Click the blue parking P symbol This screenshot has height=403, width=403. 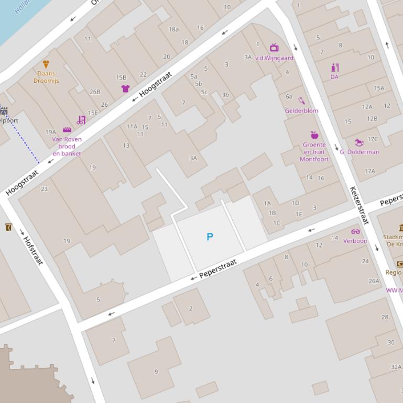click(x=210, y=237)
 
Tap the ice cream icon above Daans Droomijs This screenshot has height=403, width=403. click(x=46, y=64)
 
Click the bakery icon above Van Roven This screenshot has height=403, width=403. click(x=67, y=130)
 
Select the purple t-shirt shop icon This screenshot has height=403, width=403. click(x=125, y=88)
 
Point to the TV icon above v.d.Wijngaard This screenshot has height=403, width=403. click(x=274, y=48)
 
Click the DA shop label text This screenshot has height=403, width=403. click(x=334, y=77)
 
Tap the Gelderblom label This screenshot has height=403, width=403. click(x=301, y=111)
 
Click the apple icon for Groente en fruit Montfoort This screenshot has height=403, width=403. click(x=314, y=135)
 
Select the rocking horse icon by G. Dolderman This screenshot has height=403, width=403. click(x=359, y=142)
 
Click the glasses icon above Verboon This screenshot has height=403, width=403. click(x=355, y=232)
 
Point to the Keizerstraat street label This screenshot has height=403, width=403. click(x=360, y=205)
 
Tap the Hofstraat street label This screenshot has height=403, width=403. click(x=32, y=250)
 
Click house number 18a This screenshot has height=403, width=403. click(x=173, y=30)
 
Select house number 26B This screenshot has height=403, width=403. click(x=95, y=92)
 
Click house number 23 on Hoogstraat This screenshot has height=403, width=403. click(x=44, y=189)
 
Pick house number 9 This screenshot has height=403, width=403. click(x=156, y=372)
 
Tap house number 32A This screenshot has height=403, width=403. click(x=396, y=367)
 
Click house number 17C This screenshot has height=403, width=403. click(x=372, y=139)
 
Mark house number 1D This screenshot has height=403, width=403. click(x=295, y=203)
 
